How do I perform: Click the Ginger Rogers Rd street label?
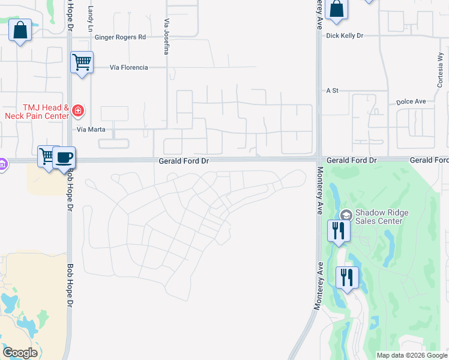tap(120, 37)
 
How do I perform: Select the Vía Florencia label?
tap(128, 68)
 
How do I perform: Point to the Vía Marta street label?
tap(91, 129)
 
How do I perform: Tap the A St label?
tap(333, 91)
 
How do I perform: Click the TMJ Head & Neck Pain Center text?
tap(36, 111)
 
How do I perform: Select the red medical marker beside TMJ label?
tap(77, 110)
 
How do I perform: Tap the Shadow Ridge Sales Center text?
tap(378, 217)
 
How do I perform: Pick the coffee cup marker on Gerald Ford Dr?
tap(64, 158)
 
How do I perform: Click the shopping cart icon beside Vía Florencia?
tap(82, 61)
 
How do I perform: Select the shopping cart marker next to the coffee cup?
tap(47, 156)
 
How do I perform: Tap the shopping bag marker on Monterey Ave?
tap(337, 9)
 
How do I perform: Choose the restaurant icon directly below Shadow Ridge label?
tap(339, 230)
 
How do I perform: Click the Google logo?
tap(20, 353)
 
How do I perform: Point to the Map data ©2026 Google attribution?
tap(411, 355)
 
